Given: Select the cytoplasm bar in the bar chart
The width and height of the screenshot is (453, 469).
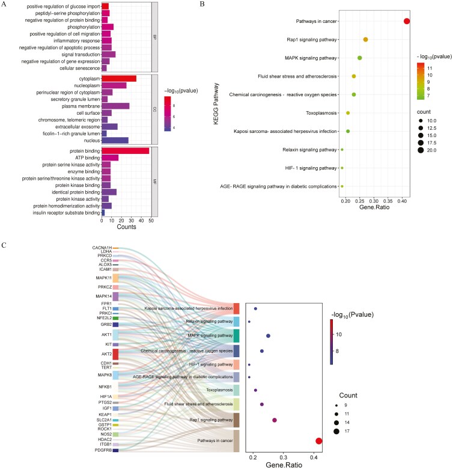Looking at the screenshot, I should point(119,78).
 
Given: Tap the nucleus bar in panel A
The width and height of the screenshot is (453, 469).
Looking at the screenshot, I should point(115,140).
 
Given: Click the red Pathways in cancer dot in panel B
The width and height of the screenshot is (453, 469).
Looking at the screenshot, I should point(407,22).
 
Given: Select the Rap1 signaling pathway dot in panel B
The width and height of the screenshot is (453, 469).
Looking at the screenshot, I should point(365,40).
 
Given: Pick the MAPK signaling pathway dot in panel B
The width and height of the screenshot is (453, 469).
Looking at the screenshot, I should point(360,58).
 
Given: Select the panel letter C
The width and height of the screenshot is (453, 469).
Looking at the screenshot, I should point(5,246).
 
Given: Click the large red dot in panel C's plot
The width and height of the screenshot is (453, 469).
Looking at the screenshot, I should point(319,441).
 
